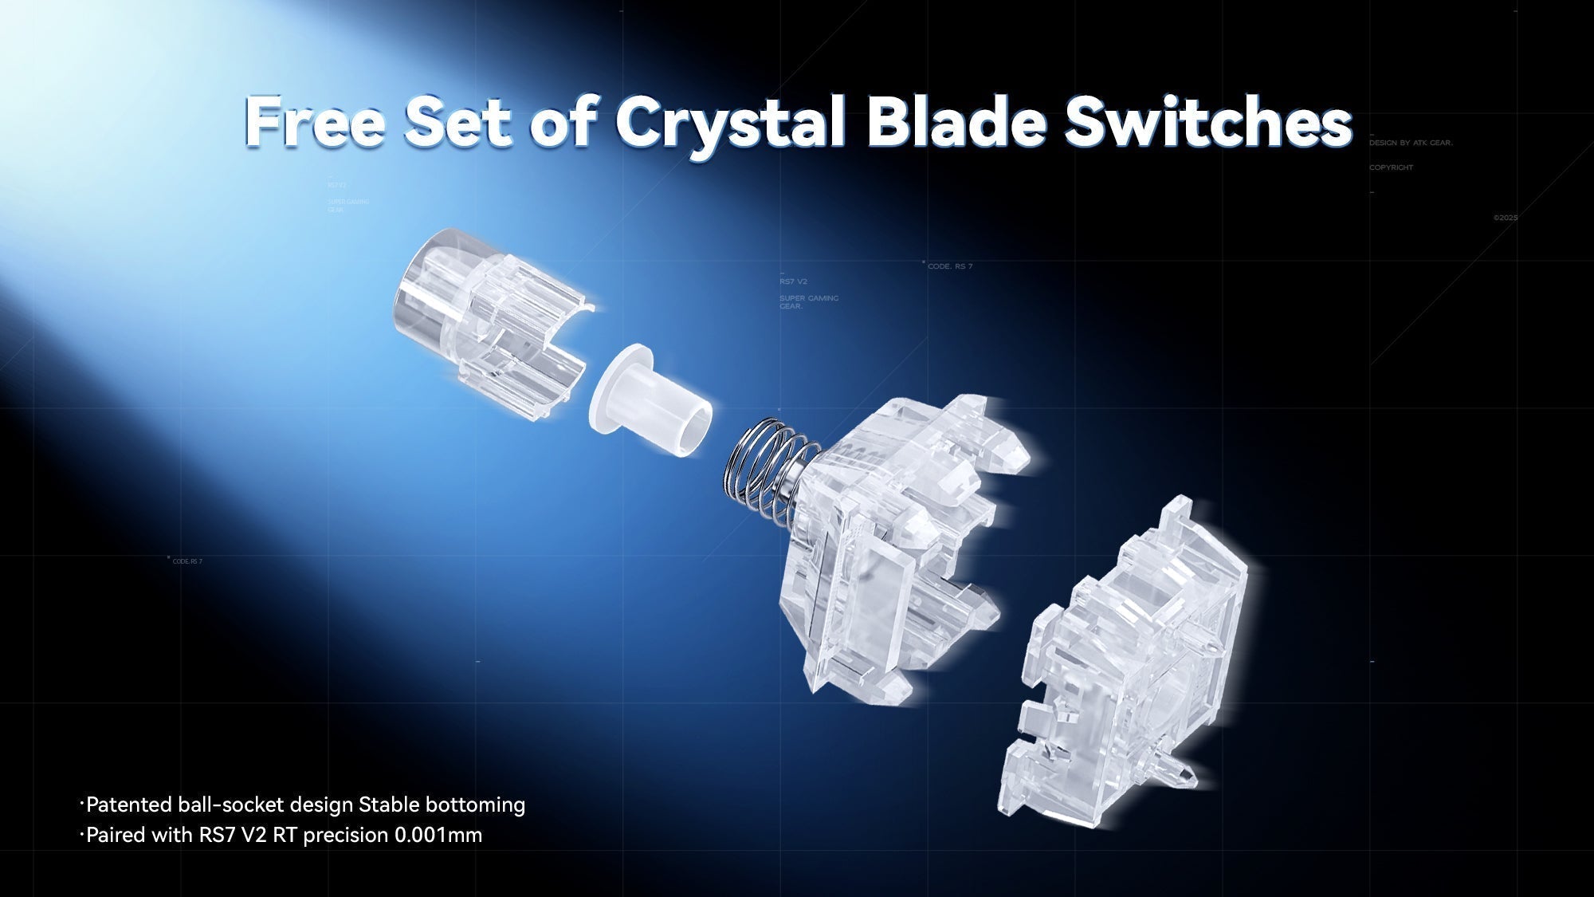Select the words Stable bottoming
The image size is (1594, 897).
[442, 805]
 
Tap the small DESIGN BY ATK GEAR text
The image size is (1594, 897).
[1411, 143]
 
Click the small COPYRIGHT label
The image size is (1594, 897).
[1391, 167]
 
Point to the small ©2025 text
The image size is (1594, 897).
[1505, 218]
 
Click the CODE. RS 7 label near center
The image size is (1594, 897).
[950, 266]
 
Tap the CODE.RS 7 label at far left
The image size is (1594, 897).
[187, 561]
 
